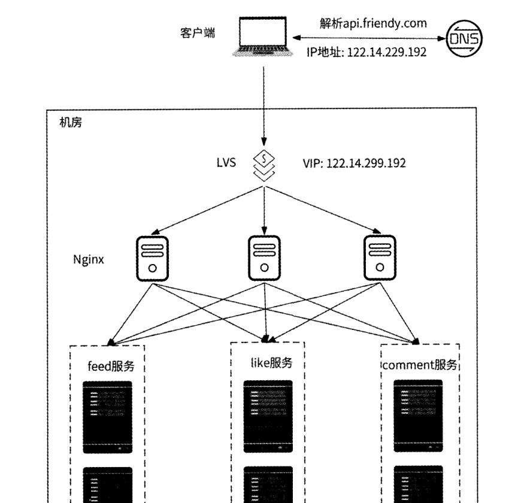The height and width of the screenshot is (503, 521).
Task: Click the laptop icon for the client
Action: [262, 38]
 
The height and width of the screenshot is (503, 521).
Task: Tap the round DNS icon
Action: [467, 39]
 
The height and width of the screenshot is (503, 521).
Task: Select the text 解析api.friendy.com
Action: [372, 23]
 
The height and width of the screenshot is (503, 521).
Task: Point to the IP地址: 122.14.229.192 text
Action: [366, 53]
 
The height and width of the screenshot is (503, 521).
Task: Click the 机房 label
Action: [71, 123]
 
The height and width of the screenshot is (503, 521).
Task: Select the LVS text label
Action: [226, 162]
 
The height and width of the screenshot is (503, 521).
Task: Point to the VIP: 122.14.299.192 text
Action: [355, 162]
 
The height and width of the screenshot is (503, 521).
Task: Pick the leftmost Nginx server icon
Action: [153, 258]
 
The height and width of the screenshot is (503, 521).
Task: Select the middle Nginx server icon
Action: [264, 258]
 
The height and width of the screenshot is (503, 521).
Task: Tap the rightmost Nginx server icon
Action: [380, 258]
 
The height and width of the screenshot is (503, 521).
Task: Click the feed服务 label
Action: [111, 366]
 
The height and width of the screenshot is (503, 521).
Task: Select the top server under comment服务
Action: [418, 416]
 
